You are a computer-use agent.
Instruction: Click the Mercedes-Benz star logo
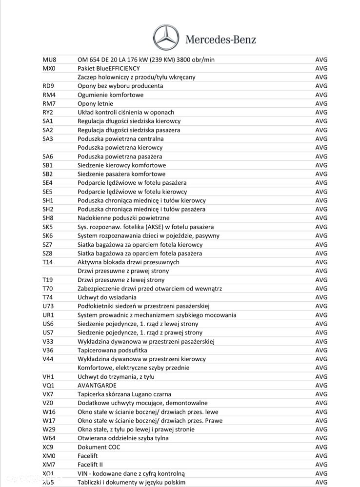(x=166, y=38)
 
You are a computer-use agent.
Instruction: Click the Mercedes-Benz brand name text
(x=220, y=39)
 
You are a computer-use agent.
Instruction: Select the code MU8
(x=49, y=59)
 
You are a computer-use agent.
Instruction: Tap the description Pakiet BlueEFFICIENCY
(x=108, y=68)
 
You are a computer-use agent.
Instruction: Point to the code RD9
(x=48, y=86)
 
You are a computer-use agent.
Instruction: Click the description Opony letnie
(x=95, y=103)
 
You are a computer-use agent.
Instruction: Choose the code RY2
(x=48, y=112)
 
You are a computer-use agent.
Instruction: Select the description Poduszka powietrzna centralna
(x=120, y=139)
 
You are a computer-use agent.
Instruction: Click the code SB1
(x=48, y=165)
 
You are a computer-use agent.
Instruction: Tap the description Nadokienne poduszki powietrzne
(x=123, y=218)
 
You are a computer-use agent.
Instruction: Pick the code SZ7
(x=48, y=244)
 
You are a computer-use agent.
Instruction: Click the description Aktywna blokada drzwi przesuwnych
(x=128, y=262)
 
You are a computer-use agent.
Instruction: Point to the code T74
(x=47, y=297)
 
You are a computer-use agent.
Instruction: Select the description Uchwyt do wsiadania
(x=107, y=297)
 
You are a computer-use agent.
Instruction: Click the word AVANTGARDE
(x=97, y=385)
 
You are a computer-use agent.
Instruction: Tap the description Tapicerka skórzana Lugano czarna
(x=124, y=394)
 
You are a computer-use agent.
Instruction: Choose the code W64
(x=49, y=438)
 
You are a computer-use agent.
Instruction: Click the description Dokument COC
(x=99, y=447)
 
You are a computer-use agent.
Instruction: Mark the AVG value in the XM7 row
(x=321, y=465)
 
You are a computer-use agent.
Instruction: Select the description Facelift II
(x=90, y=465)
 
